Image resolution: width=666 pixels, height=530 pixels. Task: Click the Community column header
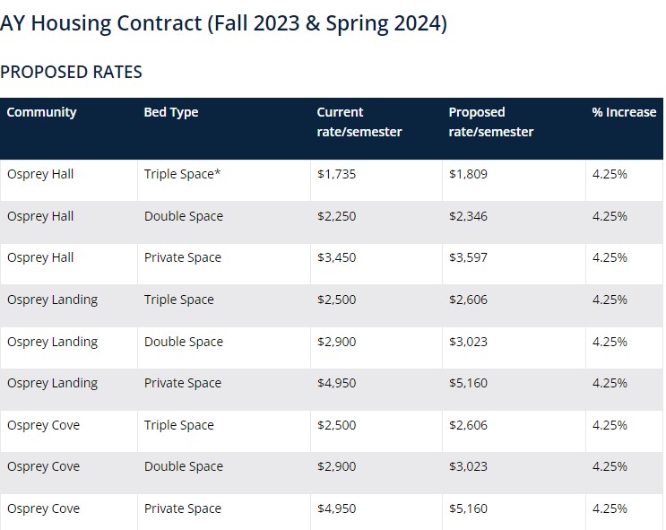point(41,112)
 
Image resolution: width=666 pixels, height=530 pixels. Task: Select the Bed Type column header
point(171,112)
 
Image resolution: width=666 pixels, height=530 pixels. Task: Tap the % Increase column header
point(624,112)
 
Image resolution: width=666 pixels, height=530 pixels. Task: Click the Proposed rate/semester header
point(490,122)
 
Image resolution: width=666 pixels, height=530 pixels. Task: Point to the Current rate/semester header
point(359,122)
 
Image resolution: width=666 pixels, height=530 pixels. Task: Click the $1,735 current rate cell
point(336,174)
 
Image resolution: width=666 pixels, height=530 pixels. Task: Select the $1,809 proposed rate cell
point(468,174)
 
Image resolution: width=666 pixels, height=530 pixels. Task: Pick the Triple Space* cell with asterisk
point(182,174)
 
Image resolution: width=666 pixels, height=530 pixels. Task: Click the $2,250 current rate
point(336,216)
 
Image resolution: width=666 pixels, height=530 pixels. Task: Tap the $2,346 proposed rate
point(468,216)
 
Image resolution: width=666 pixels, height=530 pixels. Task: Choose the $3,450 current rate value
point(336,257)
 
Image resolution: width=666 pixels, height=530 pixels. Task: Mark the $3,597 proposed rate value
point(468,257)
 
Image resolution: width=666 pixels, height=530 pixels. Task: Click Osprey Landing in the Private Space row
point(52,383)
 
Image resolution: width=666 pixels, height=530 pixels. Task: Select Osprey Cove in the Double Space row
point(43,466)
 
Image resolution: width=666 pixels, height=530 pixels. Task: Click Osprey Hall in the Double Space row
point(40,216)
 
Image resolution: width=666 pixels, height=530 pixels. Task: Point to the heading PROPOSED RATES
point(71,72)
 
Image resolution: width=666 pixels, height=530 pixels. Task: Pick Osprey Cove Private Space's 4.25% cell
point(610,508)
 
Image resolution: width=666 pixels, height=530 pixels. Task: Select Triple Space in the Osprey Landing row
point(179,300)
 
